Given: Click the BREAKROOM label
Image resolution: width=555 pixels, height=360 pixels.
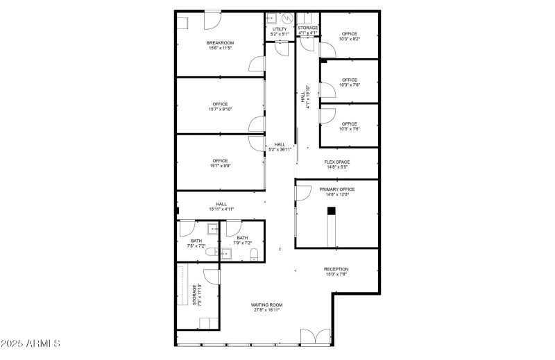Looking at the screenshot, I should click(219, 43).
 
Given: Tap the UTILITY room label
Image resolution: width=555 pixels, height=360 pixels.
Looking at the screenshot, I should click(280, 29).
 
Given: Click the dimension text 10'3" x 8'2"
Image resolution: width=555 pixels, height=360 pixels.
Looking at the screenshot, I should click(349, 40).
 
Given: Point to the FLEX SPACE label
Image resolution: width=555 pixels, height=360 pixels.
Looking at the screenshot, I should click(336, 162).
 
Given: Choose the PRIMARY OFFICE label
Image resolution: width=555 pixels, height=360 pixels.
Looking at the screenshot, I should click(336, 189).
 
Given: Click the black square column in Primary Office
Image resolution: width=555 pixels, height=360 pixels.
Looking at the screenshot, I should click(332, 211).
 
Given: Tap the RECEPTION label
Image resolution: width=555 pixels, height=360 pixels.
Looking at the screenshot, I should click(336, 269).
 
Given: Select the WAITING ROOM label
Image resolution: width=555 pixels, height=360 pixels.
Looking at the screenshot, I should click(266, 305).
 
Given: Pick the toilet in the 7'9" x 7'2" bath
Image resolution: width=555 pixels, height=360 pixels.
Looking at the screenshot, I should click(254, 252).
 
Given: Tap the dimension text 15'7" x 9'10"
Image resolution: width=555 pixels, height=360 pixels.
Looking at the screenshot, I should click(220, 109).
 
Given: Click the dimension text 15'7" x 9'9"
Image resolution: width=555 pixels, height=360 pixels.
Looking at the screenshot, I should click(220, 166).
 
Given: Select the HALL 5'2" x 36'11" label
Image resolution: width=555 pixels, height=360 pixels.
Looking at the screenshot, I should click(280, 147).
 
